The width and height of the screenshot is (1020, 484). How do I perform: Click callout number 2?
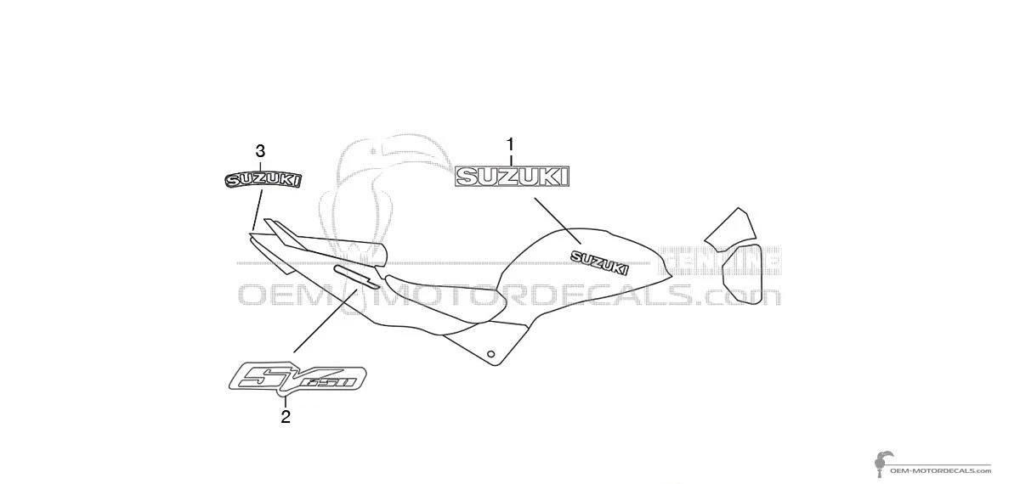pos(286,416)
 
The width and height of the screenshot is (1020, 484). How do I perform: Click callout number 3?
pos(260,151)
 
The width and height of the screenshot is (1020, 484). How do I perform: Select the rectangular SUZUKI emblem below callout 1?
pos(513,176)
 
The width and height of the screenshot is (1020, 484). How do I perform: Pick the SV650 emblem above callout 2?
pos(297,376)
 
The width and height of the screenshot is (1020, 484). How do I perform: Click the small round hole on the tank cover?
pos(490,353)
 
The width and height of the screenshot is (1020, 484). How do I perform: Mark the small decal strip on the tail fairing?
pos(355,276)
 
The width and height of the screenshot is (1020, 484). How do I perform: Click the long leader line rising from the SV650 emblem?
pos(326,320)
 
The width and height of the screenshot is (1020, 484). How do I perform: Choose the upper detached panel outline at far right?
pos(730,228)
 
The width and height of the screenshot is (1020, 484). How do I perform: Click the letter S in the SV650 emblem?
pos(259,375)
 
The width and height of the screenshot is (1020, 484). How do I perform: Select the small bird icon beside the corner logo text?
pos(881,462)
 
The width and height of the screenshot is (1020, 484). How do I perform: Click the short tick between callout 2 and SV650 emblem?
pos(286,401)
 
